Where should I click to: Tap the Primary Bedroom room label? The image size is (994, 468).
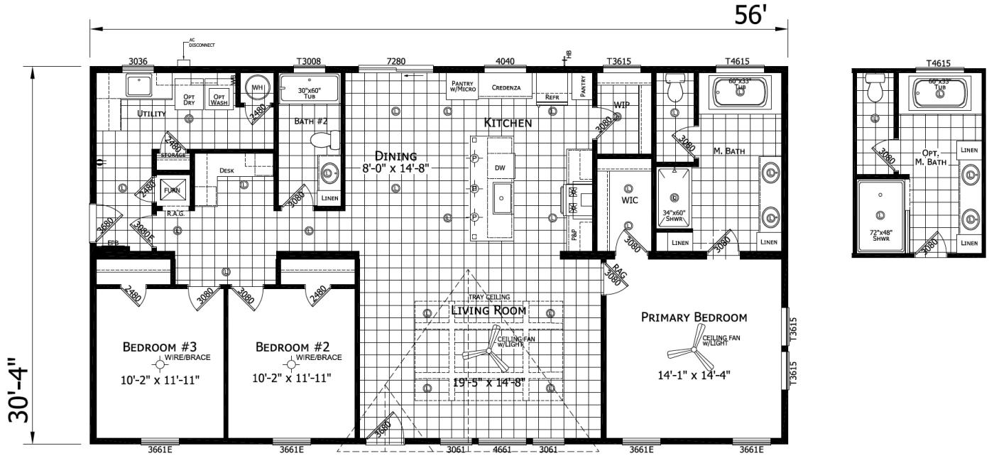(x=694, y=317)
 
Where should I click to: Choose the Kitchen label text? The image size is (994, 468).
(x=508, y=123)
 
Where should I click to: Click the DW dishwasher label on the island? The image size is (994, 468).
(x=500, y=167)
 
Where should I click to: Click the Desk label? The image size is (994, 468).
(x=226, y=170)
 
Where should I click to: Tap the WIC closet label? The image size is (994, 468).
(x=629, y=200)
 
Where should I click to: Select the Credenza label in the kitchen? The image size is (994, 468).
(x=506, y=88)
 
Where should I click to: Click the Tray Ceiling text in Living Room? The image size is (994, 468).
(x=488, y=297)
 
